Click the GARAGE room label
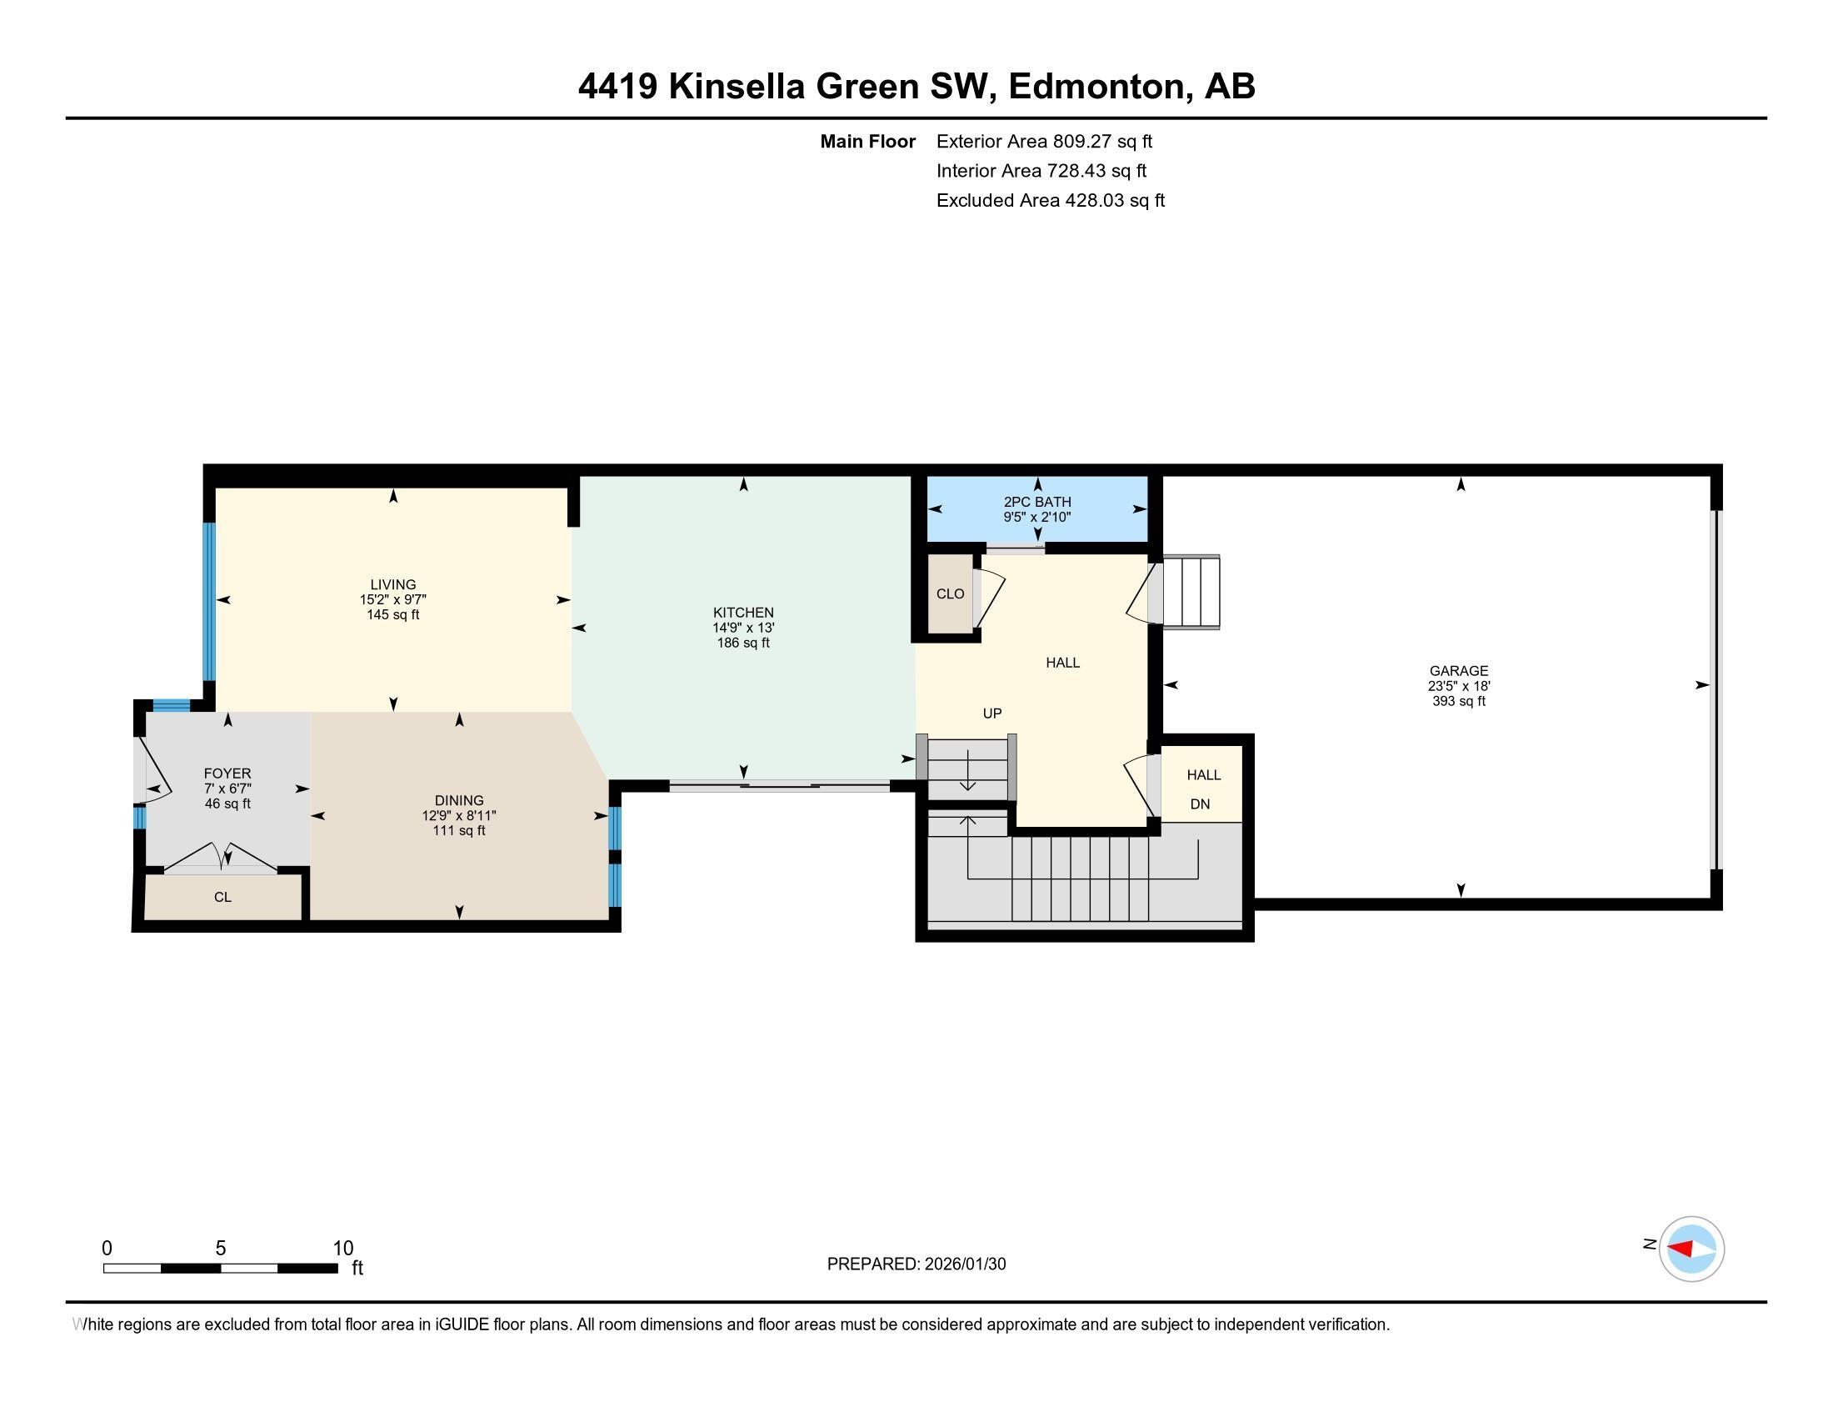click(x=1459, y=671)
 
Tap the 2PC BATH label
click(x=1037, y=502)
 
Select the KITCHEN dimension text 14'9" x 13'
click(x=742, y=628)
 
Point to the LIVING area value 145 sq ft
click(x=392, y=614)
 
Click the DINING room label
click(x=459, y=800)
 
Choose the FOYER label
click(x=227, y=774)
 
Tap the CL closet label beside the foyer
click(x=222, y=897)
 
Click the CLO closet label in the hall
click(x=950, y=593)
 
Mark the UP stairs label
click(x=992, y=714)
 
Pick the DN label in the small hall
click(x=1200, y=804)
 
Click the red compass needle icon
click(x=1681, y=1249)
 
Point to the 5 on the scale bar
click(x=221, y=1249)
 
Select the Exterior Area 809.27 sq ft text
click(x=1044, y=142)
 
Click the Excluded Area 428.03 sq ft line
click(x=1050, y=201)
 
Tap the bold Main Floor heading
click(x=867, y=142)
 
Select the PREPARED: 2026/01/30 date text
click(x=916, y=1264)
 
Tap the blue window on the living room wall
click(x=210, y=601)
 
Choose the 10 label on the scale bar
click(x=342, y=1249)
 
